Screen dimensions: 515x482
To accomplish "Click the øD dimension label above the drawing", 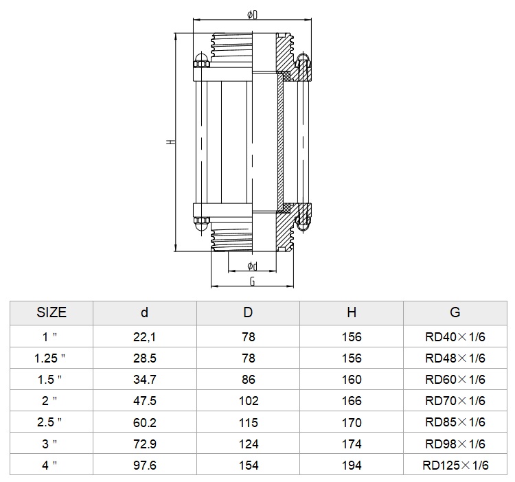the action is pos(252,15).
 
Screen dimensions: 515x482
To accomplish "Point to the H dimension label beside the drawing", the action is pos(170,142).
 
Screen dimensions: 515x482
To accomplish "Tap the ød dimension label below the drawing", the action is pos(252,266).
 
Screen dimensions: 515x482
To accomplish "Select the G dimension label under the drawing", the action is pos(252,282).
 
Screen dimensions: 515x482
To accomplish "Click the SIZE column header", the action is pos(51,312).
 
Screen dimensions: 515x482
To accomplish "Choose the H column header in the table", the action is pos(352,312).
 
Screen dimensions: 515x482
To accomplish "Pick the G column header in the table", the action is pos(455,312).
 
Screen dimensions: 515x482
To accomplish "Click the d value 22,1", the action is pos(144,337).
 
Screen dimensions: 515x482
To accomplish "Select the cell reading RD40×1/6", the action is pos(455,337).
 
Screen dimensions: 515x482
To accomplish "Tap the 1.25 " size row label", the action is pos(49,358).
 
